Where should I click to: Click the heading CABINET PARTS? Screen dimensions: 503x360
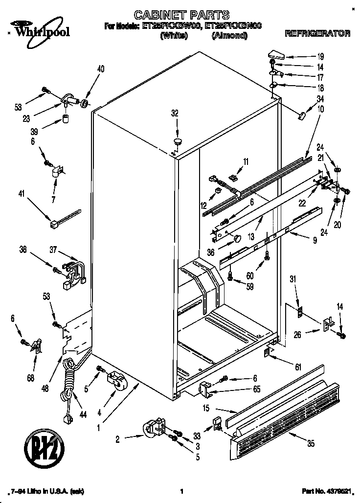tap(182, 15)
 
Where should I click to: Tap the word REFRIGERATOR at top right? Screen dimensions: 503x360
tap(317, 34)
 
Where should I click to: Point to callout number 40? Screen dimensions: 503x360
tap(101, 69)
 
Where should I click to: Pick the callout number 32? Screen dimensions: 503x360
tap(175, 114)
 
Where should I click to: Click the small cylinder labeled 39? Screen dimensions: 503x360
tap(65, 119)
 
